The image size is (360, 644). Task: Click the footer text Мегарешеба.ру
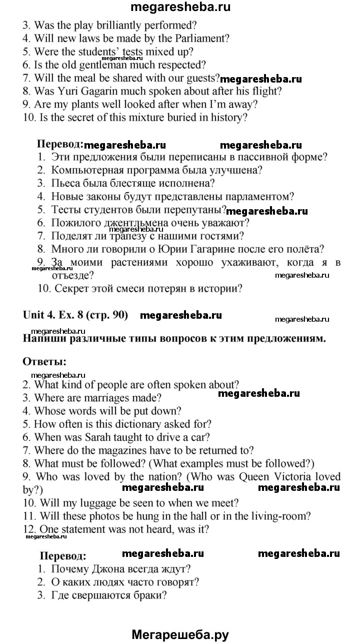[180, 634]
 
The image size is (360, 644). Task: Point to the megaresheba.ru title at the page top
[180, 7]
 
